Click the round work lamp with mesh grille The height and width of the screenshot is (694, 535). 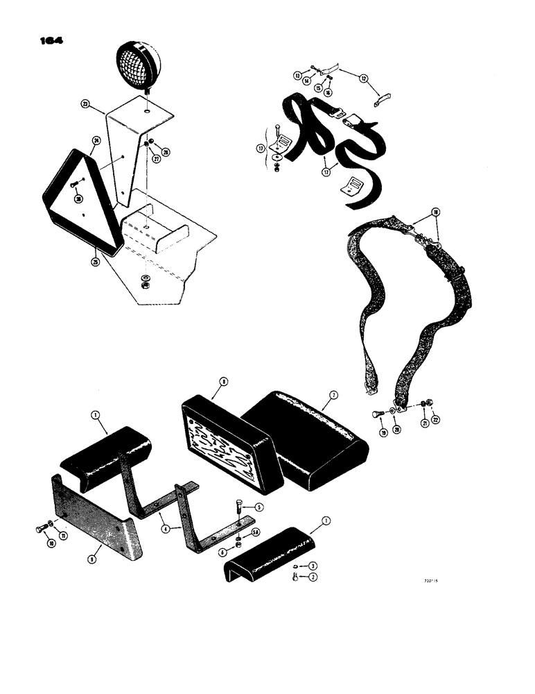(140, 63)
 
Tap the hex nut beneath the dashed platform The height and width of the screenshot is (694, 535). (146, 282)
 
